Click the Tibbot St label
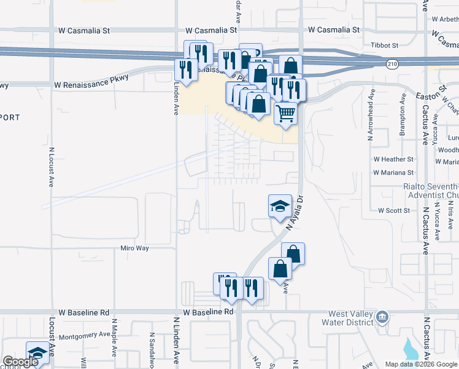coord(385,45)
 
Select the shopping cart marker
coord(285,114)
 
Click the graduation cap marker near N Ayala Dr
coord(280,206)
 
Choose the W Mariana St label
coord(393,173)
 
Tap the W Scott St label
coord(394,210)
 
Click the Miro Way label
coord(134,248)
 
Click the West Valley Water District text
coord(350,319)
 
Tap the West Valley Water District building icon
coord(382,317)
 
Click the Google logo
coord(20,362)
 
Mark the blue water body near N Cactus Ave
coord(409,349)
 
